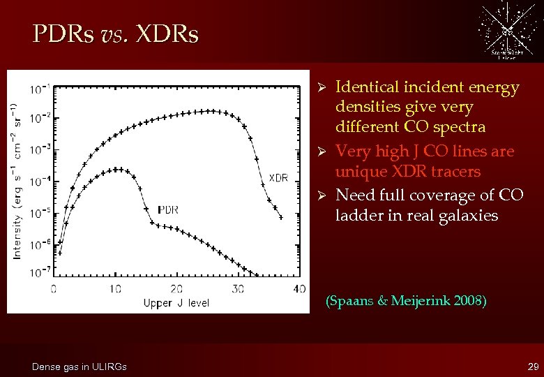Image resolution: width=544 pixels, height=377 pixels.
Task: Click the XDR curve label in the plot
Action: pos(278,178)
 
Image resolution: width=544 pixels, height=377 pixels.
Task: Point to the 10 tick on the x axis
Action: pos(115,288)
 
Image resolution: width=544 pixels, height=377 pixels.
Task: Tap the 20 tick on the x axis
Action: pos(176,288)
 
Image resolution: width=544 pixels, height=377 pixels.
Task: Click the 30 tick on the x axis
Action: pos(238,288)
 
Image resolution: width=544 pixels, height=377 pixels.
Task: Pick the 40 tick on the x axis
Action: pos(299,288)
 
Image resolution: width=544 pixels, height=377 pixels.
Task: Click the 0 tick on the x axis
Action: pos(54,288)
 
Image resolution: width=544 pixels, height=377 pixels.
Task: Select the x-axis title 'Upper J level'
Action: pos(176,302)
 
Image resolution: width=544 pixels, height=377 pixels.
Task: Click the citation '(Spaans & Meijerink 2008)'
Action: pos(406,302)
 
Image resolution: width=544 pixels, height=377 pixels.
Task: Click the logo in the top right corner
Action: pos(507,31)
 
